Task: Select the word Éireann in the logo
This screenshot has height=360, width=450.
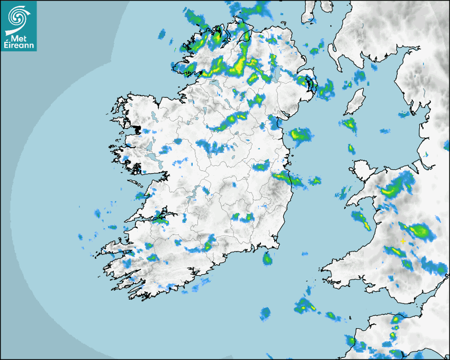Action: [x=19, y=46]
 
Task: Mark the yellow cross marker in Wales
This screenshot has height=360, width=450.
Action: [x=403, y=241]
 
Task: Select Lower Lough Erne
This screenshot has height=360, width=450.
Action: [x=214, y=83]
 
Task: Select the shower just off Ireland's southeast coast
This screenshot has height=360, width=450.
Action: [x=268, y=259]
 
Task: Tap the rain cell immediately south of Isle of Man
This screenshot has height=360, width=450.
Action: [x=349, y=126]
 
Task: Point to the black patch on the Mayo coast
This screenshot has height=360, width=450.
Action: [x=137, y=129]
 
